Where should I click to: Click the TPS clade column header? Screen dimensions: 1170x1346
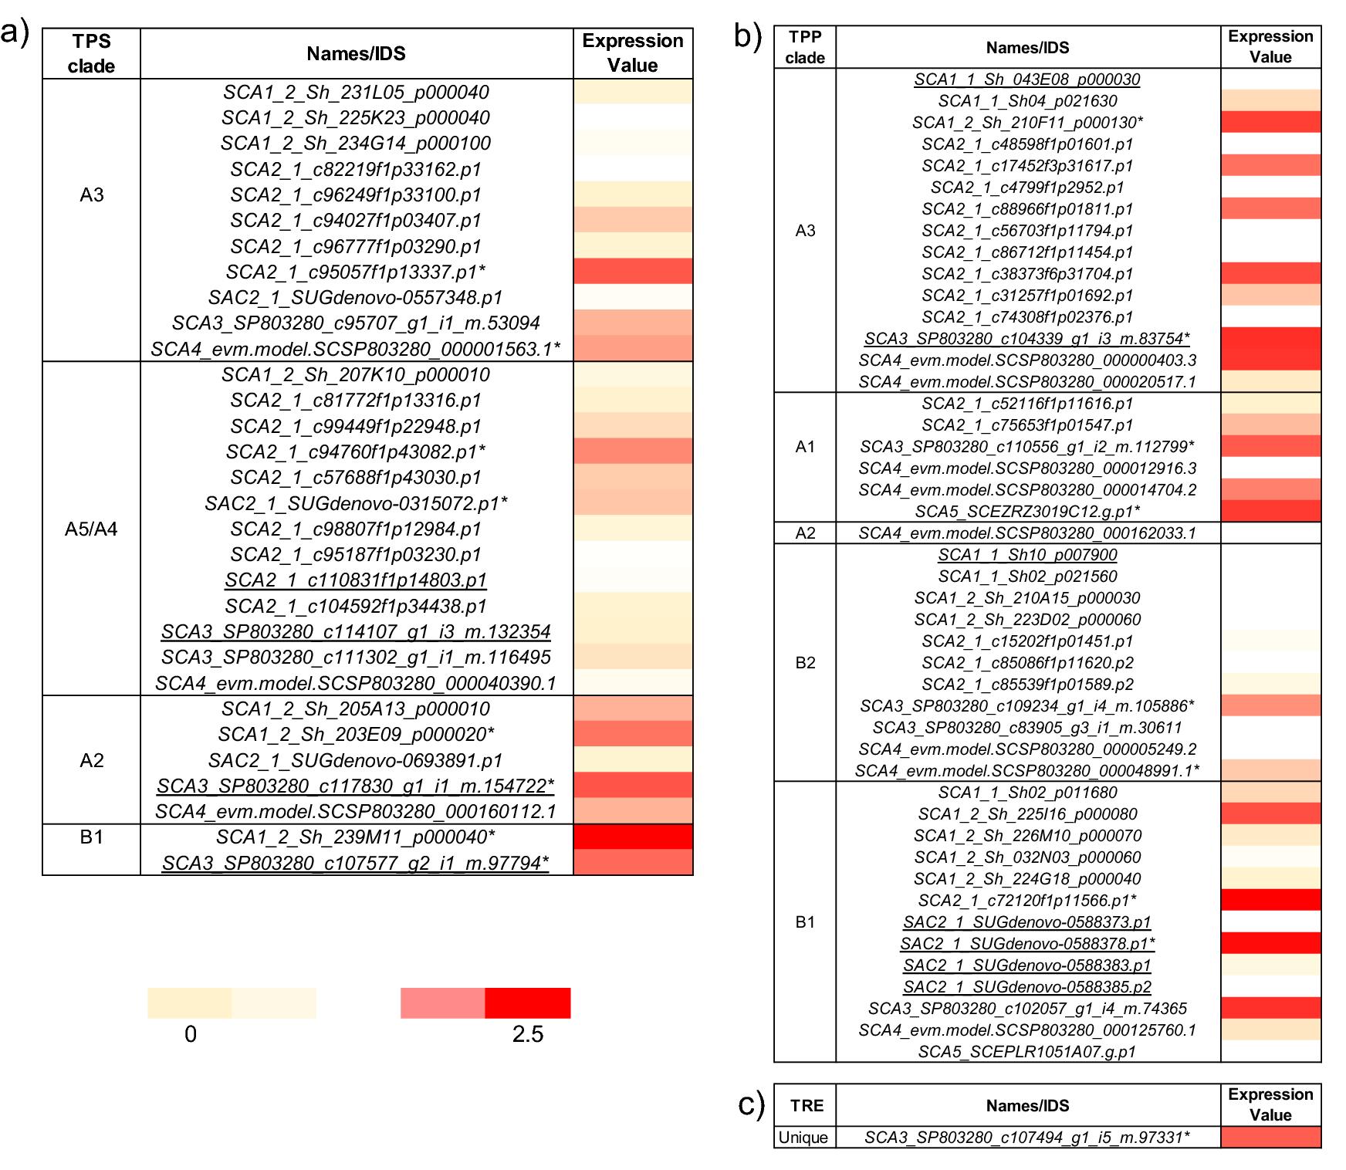pos(91,53)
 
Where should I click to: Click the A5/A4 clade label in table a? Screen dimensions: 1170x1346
pos(91,529)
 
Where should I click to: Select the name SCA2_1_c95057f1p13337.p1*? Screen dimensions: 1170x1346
pos(356,272)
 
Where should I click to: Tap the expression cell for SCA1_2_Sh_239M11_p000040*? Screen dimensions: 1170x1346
pos(633,837)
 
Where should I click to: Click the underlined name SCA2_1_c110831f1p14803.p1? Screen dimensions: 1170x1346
pos(356,580)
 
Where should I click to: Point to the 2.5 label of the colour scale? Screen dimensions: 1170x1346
pos(527,1034)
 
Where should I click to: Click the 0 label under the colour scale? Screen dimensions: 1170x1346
pos(191,1034)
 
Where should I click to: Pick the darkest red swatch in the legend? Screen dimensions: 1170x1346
pos(528,1003)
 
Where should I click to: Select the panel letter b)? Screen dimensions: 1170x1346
pos(747,36)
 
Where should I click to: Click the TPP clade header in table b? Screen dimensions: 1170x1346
pos(805,47)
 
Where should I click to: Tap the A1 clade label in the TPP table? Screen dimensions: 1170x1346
pos(805,447)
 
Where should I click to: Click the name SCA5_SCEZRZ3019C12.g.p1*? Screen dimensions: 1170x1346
pos(1027,512)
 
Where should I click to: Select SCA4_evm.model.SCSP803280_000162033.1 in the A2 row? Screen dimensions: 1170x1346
pos(1027,533)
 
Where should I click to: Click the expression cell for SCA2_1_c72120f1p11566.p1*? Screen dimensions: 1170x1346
pos(1270,900)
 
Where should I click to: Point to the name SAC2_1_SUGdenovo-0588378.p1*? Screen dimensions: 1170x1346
pos(1027,943)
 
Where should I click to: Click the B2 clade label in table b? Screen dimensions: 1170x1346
pos(805,663)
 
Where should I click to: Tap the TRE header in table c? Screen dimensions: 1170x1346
pos(807,1105)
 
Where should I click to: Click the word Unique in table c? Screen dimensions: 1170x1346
pos(803,1138)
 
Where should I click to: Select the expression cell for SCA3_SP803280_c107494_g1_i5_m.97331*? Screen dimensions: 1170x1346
pos(1270,1137)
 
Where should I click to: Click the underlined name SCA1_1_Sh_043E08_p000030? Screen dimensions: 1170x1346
pos(1027,79)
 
